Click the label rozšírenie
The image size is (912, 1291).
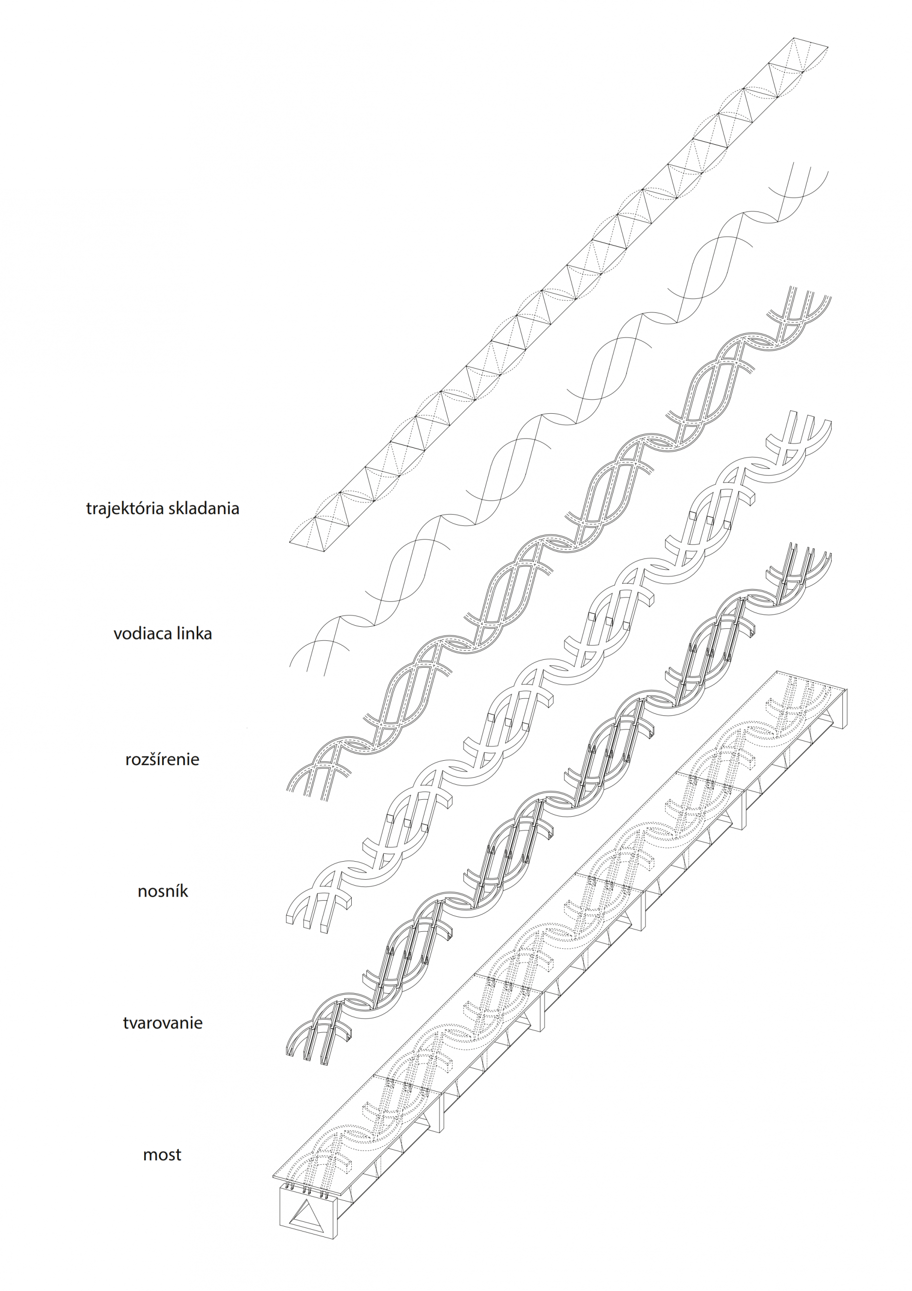tap(162, 760)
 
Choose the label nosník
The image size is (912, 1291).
tap(162, 891)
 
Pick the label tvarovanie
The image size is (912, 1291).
tap(162, 1023)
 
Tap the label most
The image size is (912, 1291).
tap(162, 1155)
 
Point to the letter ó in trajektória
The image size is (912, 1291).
tap(146, 508)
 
